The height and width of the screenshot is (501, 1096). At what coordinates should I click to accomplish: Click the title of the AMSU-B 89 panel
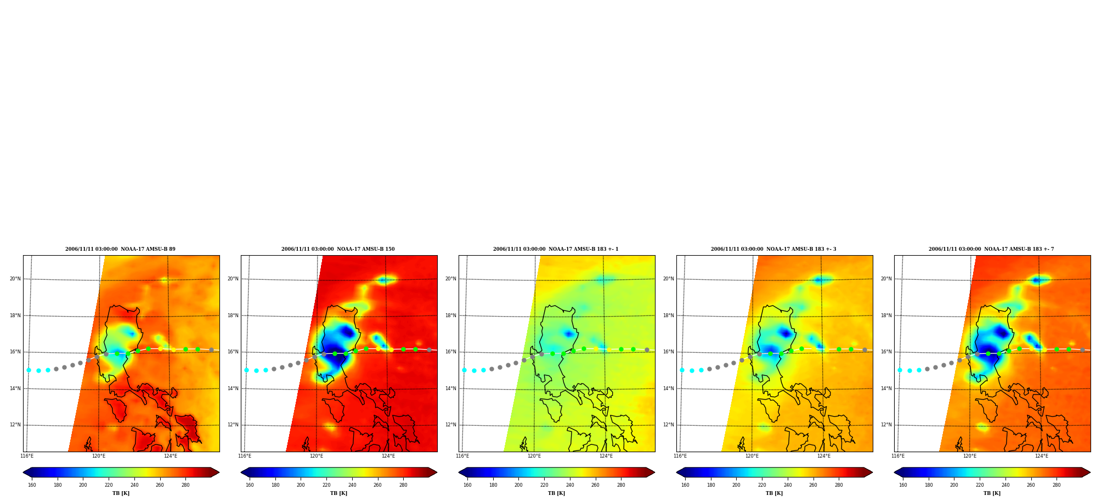pos(121,249)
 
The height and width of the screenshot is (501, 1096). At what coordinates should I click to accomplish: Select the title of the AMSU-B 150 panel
pos(338,249)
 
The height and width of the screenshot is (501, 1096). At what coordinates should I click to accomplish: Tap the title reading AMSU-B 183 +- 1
pos(556,249)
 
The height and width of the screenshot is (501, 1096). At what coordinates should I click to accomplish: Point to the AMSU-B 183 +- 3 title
pos(773,249)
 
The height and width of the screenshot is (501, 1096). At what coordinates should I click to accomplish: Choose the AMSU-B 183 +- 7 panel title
pos(991,249)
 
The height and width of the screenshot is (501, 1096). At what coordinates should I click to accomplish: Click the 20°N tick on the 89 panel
pos(15,279)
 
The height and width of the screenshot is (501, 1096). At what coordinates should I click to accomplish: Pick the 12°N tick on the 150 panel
pos(233,425)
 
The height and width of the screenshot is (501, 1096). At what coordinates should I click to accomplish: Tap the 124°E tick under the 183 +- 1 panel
pos(606,456)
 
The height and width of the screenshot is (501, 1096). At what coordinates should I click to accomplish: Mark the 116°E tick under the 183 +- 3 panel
pos(680,456)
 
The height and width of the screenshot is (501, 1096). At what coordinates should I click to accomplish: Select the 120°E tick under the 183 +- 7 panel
pos(970,456)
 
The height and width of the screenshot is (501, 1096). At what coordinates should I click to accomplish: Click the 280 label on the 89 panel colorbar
pos(185,485)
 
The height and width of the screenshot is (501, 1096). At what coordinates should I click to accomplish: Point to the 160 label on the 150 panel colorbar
pos(250,485)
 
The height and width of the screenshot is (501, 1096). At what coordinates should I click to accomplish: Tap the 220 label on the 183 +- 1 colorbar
pos(544,485)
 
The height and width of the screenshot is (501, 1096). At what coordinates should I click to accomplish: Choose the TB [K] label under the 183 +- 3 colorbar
pos(774,493)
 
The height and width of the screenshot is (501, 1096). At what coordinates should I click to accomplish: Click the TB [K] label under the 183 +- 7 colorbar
pos(992,493)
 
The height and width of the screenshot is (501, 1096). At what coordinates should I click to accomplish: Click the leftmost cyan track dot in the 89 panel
pos(29,370)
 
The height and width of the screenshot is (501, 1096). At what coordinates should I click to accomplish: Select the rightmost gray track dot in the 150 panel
pos(429,350)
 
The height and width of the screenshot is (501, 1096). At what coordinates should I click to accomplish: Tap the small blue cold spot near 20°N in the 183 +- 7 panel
pos(1036,280)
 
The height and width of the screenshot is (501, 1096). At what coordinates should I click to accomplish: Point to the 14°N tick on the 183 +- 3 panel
pos(668,389)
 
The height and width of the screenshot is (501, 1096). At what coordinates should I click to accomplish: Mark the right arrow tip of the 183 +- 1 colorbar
pos(655,472)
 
